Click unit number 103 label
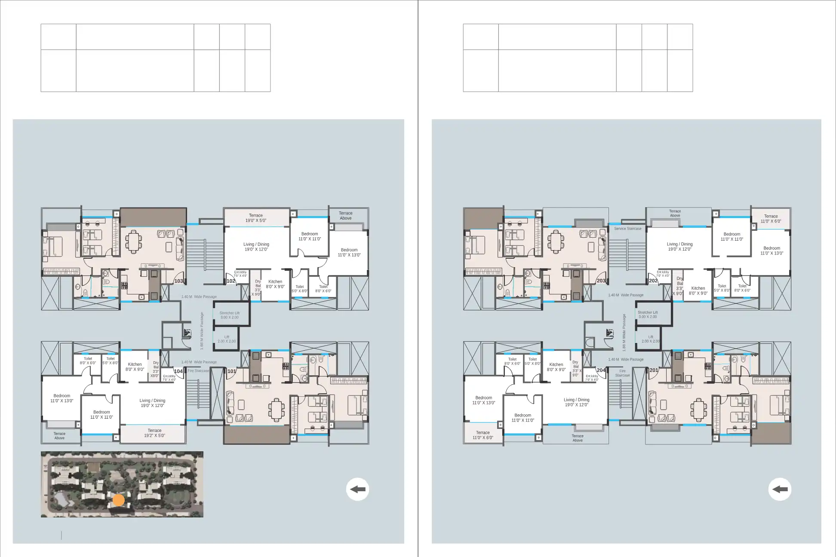point(178,281)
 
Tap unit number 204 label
point(601,370)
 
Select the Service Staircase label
point(627,229)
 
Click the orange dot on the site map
point(119,500)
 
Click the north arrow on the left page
point(357,489)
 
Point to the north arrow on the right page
point(780,489)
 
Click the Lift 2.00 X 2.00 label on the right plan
point(651,339)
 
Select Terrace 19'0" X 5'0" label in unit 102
point(256,218)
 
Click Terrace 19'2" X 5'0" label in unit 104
point(154,433)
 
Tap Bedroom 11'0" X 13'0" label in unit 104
point(62,398)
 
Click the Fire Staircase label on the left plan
point(198,370)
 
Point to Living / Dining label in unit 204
point(576,402)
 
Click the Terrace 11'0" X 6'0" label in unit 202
point(771,219)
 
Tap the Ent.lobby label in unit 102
point(240,274)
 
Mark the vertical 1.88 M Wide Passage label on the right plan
point(624,333)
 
